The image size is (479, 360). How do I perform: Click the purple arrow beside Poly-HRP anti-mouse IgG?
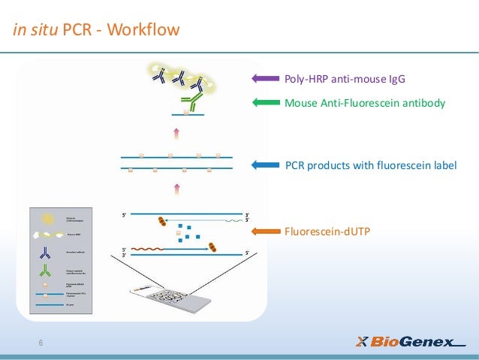point(265,77)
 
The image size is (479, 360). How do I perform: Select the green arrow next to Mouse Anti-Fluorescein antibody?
point(265,103)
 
